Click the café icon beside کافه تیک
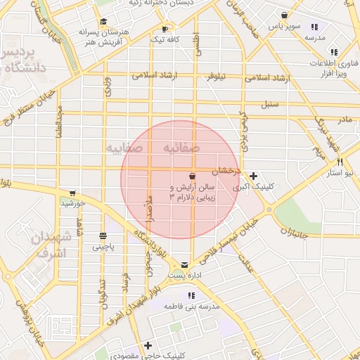[x=165, y=30]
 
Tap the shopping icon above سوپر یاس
[x=284, y=15]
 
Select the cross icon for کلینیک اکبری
[x=253, y=176]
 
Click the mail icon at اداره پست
[x=185, y=265]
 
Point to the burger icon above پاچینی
[x=103, y=236]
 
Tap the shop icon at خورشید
[x=72, y=193]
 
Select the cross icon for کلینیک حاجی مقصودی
[x=148, y=345]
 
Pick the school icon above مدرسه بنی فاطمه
[x=191, y=295]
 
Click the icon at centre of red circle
[x=193, y=175]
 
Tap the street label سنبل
[x=270, y=105]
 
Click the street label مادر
[x=344, y=120]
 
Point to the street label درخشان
[x=229, y=171]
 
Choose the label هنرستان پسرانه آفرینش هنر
[x=105, y=37]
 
